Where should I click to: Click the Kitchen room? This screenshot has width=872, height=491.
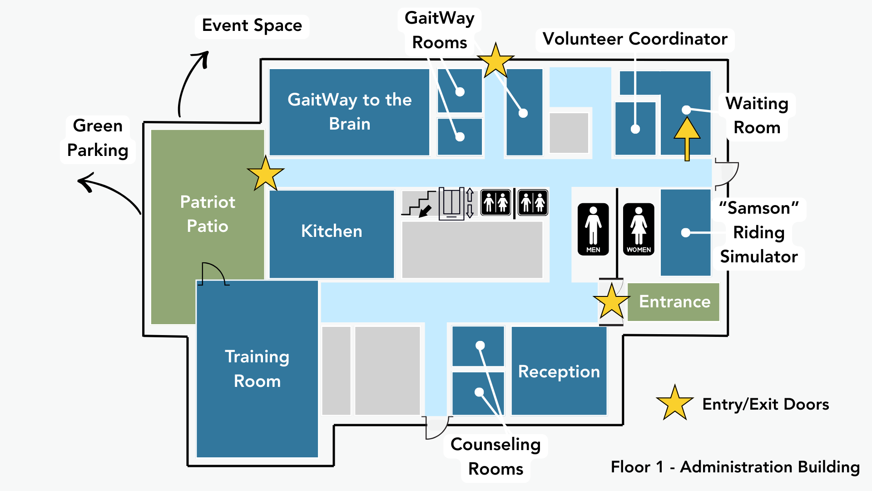pyautogui.click(x=332, y=232)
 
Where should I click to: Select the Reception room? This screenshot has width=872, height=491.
pyautogui.click(x=559, y=371)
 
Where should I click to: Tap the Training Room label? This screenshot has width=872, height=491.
pyautogui.click(x=257, y=369)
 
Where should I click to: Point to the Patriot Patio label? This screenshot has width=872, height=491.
pyautogui.click(x=208, y=214)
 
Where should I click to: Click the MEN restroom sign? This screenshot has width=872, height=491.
pyautogui.click(x=593, y=229)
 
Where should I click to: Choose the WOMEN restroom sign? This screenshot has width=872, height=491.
pyautogui.click(x=639, y=229)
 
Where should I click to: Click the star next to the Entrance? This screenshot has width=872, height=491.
pyautogui.click(x=611, y=301)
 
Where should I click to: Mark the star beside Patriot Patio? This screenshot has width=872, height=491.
pyautogui.click(x=266, y=174)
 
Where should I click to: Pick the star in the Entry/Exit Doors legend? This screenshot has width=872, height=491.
pyautogui.click(x=674, y=403)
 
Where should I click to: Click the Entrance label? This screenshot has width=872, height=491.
pyautogui.click(x=674, y=301)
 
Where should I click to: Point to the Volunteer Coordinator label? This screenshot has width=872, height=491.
pyautogui.click(x=635, y=39)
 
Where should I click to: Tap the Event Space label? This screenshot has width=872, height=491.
pyautogui.click(x=252, y=25)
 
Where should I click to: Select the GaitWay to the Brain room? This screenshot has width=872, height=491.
pyautogui.click(x=349, y=112)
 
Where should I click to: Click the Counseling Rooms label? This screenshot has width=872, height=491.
pyautogui.click(x=495, y=456)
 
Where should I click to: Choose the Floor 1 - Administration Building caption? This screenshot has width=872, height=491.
pyautogui.click(x=735, y=467)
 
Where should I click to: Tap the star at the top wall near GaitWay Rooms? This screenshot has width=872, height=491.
pyautogui.click(x=495, y=60)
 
